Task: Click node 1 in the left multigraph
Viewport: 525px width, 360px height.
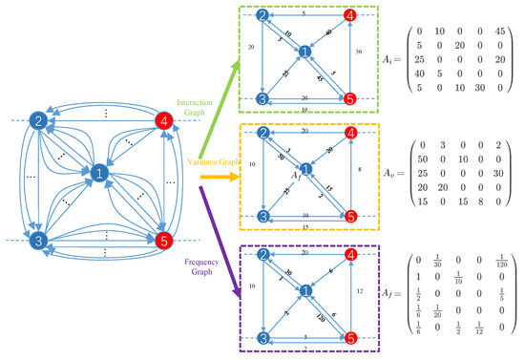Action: coord(98,172)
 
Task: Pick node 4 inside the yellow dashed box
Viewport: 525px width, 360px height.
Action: coord(349,133)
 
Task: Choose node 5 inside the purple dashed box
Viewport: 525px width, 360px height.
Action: coord(349,337)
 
